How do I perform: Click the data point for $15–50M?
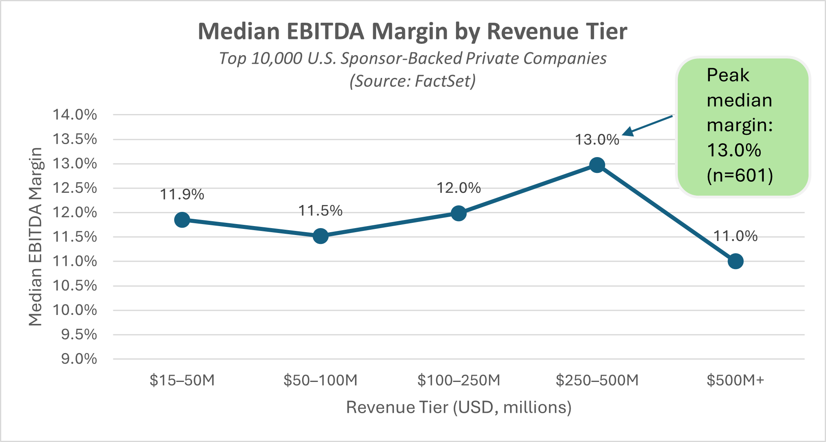(x=182, y=220)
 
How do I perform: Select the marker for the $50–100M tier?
(x=320, y=236)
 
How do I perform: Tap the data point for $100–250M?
(x=458, y=213)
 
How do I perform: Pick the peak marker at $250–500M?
(x=597, y=165)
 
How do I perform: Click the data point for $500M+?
(x=735, y=261)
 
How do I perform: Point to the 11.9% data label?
(x=182, y=195)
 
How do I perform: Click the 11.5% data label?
(x=320, y=211)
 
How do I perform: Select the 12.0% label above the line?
(x=458, y=188)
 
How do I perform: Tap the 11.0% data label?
(x=735, y=236)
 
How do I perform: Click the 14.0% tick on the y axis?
(x=75, y=115)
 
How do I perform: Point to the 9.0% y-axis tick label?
(x=79, y=359)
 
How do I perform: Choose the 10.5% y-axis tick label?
(x=75, y=286)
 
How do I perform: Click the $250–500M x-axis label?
(x=597, y=380)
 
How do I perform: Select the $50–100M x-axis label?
(x=320, y=380)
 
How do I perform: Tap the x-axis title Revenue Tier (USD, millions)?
(x=458, y=407)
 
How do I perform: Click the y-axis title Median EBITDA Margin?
(x=36, y=237)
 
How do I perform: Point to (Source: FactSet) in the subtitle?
(x=413, y=81)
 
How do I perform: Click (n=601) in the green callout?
(x=740, y=175)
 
